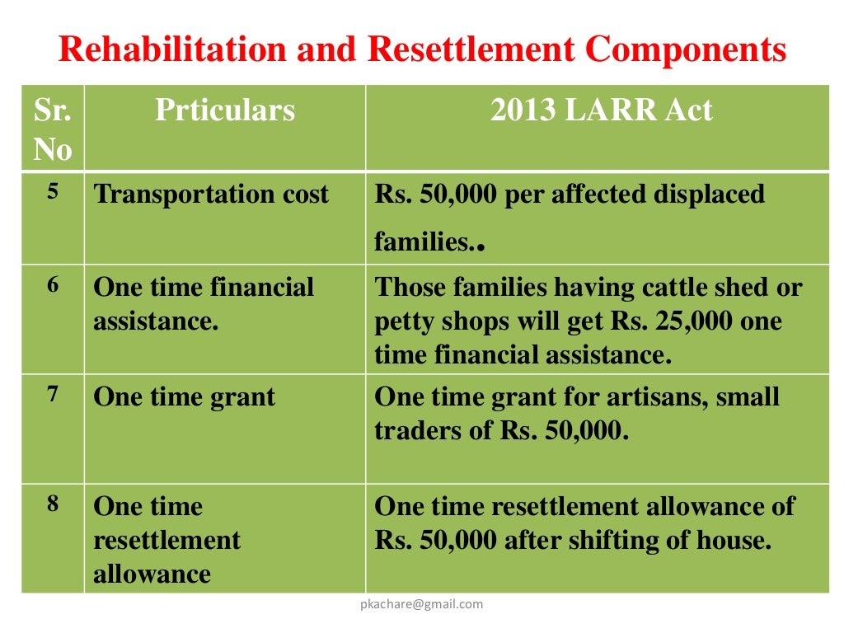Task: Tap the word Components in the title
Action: pyautogui.click(x=686, y=51)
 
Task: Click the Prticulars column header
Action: pyautogui.click(x=224, y=110)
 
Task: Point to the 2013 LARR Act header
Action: pyautogui.click(x=601, y=110)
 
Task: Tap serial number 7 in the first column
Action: pyautogui.click(x=53, y=394)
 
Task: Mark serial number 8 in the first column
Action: pyautogui.click(x=53, y=503)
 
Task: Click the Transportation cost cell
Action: pyautogui.click(x=211, y=195)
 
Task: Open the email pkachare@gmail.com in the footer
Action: pyautogui.click(x=422, y=604)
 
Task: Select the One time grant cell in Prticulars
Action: pyautogui.click(x=185, y=396)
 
